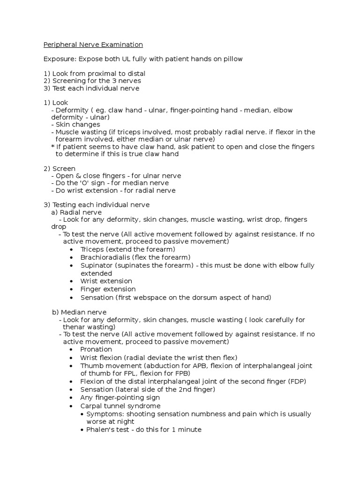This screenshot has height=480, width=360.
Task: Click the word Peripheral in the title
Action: [60, 45]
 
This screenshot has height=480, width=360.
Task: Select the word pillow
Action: [231, 59]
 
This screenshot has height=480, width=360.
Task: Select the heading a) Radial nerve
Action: [76, 212]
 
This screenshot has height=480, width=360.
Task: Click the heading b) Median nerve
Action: [79, 312]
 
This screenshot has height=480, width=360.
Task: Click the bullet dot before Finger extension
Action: [71, 289]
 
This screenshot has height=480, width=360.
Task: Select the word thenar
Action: [74, 327]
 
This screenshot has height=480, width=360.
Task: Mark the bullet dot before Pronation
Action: [71, 349]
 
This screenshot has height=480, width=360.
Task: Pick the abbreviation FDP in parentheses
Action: [295, 381]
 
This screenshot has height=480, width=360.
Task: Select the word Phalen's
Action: [101, 429]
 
